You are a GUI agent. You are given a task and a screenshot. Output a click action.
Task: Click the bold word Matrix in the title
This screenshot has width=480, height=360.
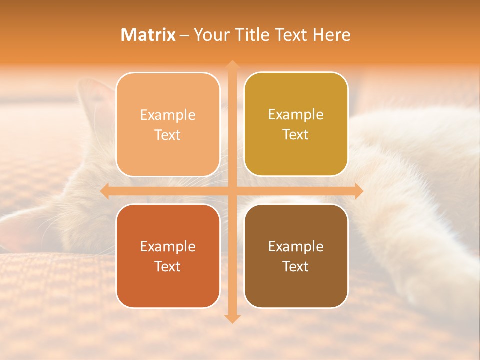(x=148, y=35)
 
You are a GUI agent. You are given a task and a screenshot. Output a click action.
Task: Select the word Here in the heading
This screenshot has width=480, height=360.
(x=331, y=35)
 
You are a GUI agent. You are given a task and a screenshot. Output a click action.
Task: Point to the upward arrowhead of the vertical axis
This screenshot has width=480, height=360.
(x=232, y=65)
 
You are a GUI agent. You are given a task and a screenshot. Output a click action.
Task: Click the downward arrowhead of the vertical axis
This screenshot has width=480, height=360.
(x=232, y=318)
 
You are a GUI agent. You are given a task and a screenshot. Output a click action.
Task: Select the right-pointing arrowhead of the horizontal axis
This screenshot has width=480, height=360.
(x=358, y=191)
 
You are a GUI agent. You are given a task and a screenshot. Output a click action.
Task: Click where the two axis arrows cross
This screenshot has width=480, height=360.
(x=232, y=191)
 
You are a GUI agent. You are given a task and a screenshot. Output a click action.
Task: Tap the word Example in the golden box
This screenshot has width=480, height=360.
(x=296, y=114)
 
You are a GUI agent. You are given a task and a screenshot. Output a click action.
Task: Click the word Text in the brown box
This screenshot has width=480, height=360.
(x=296, y=266)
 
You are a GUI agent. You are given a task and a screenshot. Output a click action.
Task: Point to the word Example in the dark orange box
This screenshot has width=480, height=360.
(x=168, y=246)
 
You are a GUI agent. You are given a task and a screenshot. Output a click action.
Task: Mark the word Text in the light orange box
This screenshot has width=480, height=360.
(x=168, y=135)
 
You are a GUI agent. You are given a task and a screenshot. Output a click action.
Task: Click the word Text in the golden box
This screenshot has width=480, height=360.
(x=296, y=134)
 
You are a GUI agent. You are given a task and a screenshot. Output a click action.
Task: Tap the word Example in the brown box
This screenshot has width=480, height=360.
(x=296, y=246)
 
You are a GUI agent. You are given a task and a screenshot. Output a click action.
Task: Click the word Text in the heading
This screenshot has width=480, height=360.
(x=291, y=35)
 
